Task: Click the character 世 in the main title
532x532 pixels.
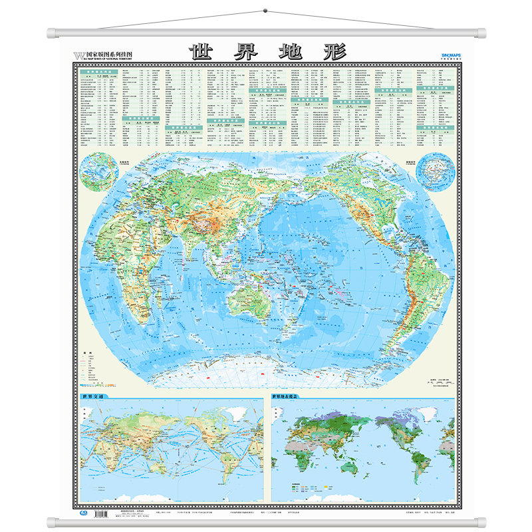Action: pyautogui.click(x=204, y=51)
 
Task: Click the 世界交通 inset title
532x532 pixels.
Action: pyautogui.click(x=93, y=398)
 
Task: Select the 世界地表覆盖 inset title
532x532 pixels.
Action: pyautogui.click(x=289, y=398)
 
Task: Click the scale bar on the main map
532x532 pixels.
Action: pyautogui.click(x=436, y=382)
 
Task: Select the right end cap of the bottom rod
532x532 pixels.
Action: pyautogui.click(x=481, y=521)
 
